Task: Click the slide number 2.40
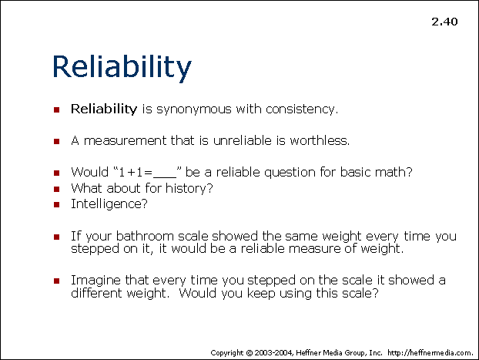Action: pos(444,22)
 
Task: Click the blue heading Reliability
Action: pos(122,67)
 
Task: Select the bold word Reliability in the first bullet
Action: pos(104,109)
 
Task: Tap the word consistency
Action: pos(302,109)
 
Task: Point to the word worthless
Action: pos(320,140)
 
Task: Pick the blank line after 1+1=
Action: pos(165,177)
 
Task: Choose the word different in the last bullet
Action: pos(96,293)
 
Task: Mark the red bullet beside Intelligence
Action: pos(56,204)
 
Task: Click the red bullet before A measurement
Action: pos(56,141)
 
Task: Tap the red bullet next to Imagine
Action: pos(56,281)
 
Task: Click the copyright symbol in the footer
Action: pos(250,353)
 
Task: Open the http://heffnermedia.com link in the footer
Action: pos(430,353)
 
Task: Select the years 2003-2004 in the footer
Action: pos(274,353)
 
